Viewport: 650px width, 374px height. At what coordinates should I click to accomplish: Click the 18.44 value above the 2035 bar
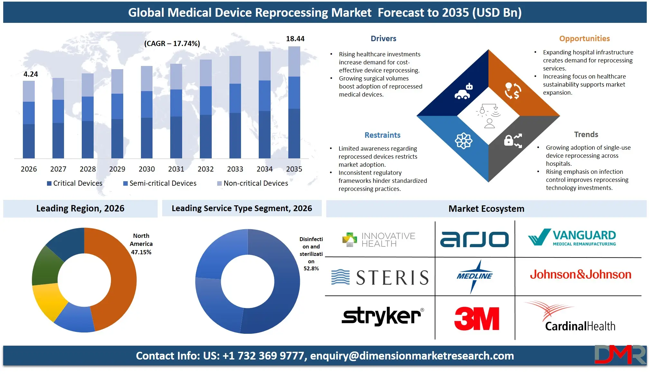(x=295, y=39)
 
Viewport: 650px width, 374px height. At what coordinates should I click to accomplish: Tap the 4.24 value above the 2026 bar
(x=31, y=74)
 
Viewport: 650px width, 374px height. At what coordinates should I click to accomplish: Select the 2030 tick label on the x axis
(x=147, y=169)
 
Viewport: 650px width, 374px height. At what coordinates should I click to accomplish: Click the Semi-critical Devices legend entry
(x=160, y=183)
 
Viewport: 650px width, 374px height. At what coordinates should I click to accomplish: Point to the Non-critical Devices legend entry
(x=253, y=183)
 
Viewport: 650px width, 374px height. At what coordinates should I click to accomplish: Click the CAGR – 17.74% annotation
(x=172, y=43)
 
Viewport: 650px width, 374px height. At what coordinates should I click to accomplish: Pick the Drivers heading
(x=383, y=39)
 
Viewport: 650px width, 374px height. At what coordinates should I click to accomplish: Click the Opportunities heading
(x=584, y=39)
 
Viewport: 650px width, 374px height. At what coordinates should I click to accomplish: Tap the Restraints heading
(x=382, y=135)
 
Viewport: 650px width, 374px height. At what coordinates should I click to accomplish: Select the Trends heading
(x=586, y=135)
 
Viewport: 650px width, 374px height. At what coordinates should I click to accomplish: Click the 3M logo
(x=477, y=318)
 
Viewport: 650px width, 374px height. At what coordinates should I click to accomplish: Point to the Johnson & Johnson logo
(x=580, y=275)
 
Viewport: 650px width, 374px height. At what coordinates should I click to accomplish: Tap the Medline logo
(x=474, y=276)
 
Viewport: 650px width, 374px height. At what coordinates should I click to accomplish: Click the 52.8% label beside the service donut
(x=311, y=268)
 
